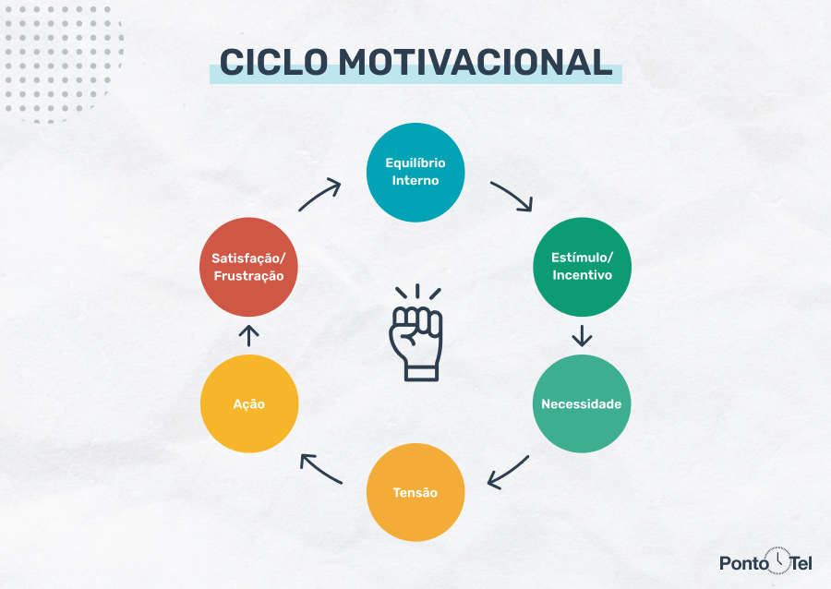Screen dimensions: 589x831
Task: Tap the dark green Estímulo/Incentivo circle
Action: (582, 266)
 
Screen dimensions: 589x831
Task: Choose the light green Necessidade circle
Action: (582, 404)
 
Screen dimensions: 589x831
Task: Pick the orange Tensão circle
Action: (415, 492)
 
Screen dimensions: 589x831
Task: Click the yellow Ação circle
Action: (249, 404)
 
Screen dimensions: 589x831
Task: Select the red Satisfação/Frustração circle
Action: (249, 266)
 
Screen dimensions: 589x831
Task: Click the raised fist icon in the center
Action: (415, 334)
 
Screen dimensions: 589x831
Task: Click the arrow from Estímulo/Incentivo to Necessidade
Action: (582, 335)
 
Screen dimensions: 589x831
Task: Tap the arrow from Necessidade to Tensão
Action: (509, 471)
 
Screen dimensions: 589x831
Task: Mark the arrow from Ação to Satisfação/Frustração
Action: (249, 334)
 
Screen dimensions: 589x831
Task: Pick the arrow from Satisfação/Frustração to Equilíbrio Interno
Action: (319, 195)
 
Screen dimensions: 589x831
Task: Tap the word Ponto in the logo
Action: (743, 562)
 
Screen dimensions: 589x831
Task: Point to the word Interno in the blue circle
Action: (415, 181)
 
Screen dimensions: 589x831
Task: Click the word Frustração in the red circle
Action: (249, 276)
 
